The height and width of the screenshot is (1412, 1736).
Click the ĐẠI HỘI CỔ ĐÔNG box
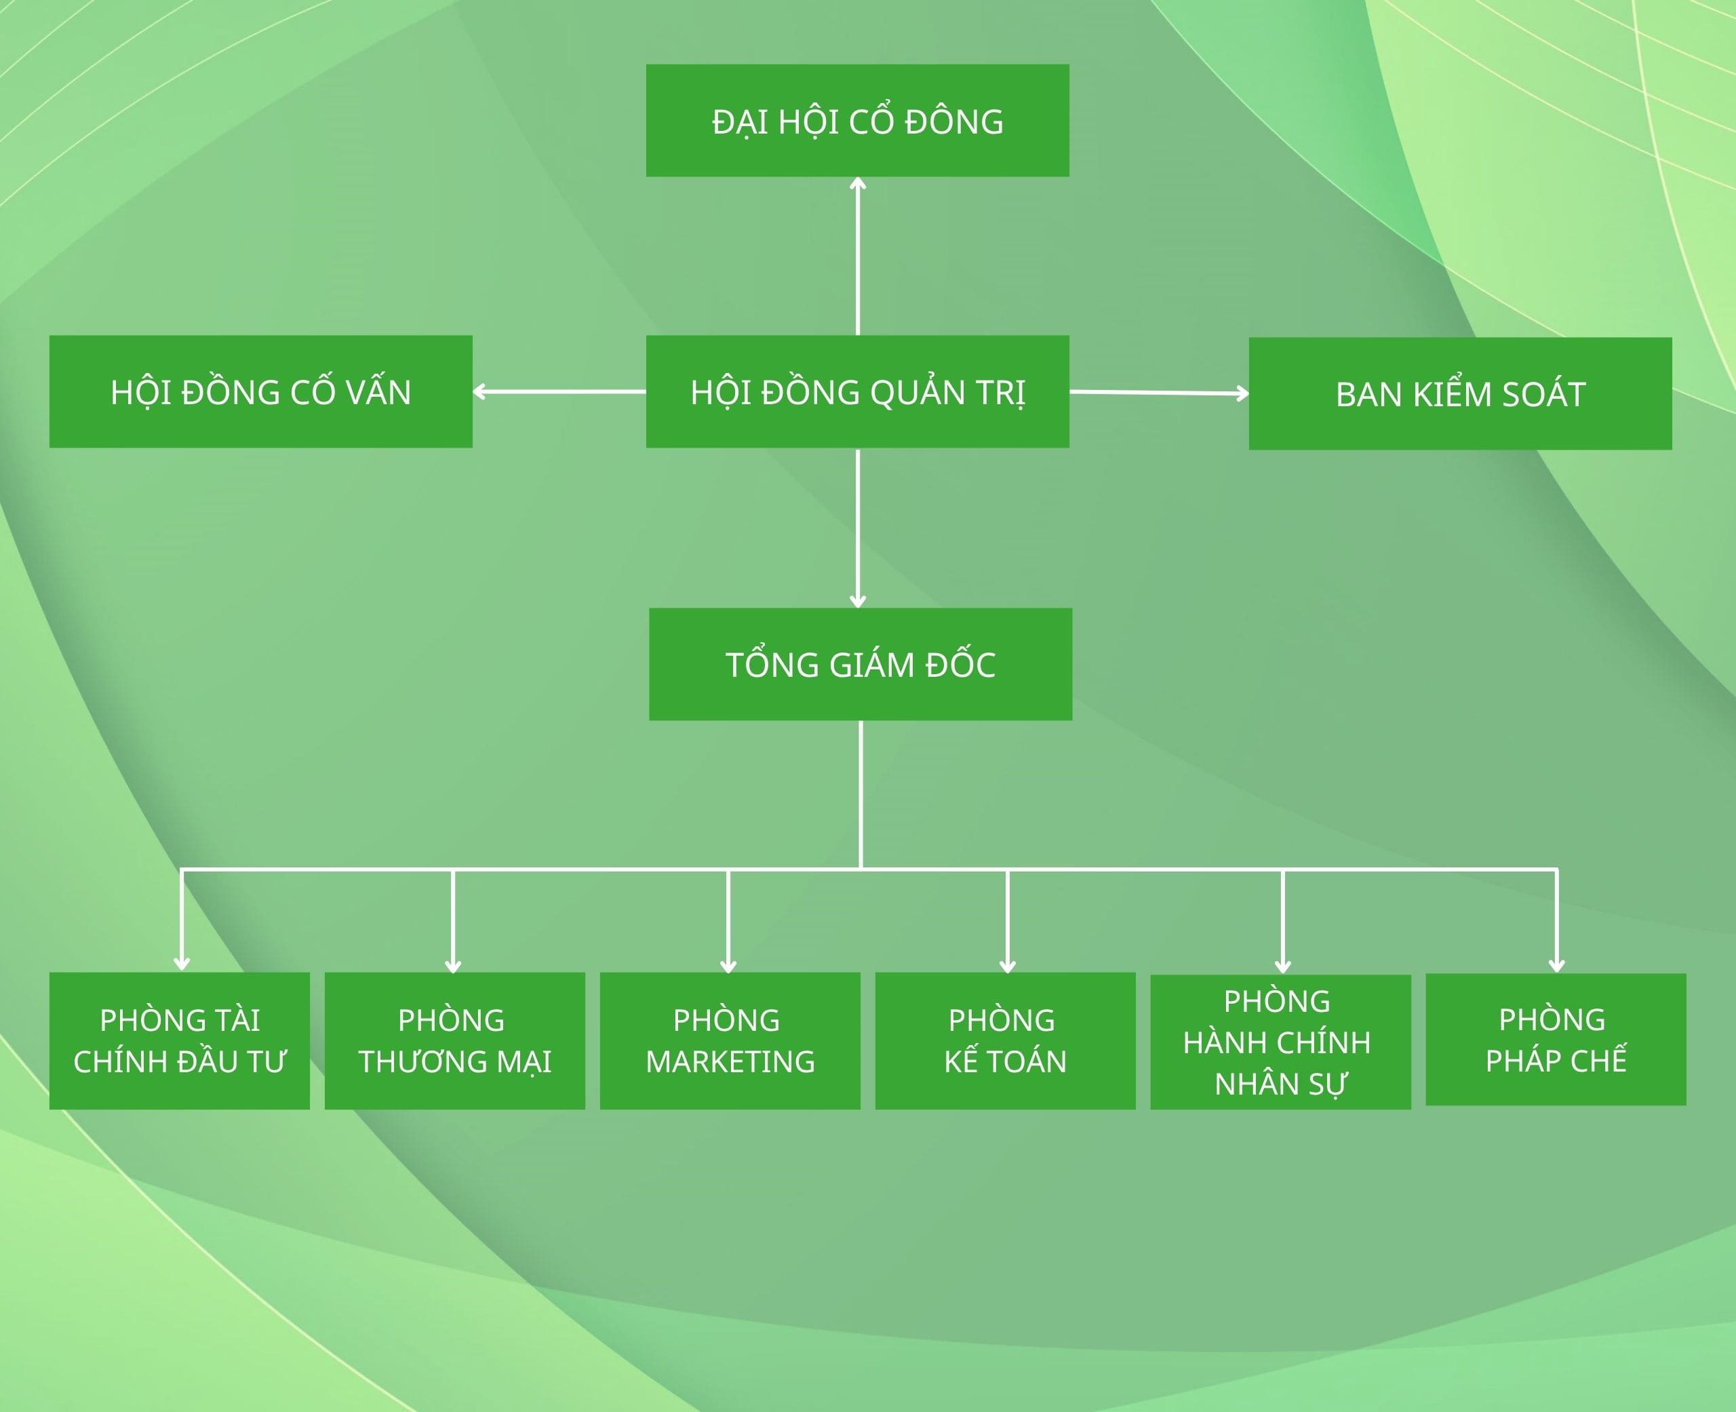tap(857, 120)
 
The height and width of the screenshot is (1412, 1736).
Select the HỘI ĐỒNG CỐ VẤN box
tap(260, 391)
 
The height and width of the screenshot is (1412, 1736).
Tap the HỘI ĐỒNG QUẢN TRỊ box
tap(857, 391)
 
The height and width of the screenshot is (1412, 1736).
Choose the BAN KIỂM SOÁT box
tap(1459, 393)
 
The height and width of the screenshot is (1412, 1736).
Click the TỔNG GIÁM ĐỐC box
tap(861, 664)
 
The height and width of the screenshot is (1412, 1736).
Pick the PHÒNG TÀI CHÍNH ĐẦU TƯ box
tap(179, 1040)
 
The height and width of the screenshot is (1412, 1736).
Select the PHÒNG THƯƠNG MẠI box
tap(454, 1040)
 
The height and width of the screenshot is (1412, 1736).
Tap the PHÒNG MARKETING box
tap(730, 1040)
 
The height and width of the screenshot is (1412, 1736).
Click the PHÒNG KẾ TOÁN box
tap(1005, 1040)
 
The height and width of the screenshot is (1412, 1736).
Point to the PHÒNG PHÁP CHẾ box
tap(1556, 1040)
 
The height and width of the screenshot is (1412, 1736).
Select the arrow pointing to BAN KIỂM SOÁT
tap(1159, 393)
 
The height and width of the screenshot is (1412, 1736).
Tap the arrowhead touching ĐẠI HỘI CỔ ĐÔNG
tap(857, 184)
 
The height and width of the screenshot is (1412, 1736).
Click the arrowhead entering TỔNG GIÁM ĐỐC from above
tap(857, 601)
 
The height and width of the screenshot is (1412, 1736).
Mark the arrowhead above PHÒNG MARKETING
tap(728, 966)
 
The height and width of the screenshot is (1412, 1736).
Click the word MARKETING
tap(730, 1061)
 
